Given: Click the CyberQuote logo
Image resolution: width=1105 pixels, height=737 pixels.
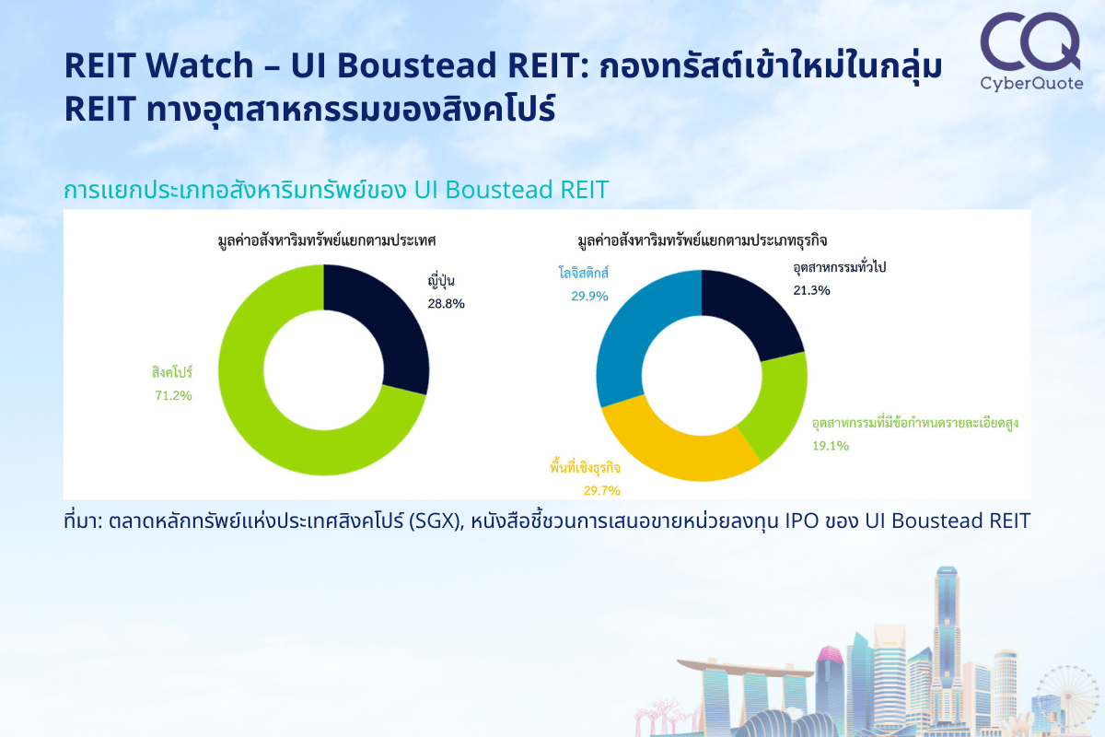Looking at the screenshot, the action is pos(1031,52).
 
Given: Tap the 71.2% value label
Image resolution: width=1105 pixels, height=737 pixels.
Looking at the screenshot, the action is pos(173,395).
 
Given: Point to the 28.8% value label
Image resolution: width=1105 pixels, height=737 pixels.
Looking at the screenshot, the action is pos(446,304).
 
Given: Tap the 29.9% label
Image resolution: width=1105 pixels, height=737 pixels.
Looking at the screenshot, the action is pos(589,297).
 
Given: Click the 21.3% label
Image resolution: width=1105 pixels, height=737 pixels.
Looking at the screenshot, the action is pos(811,290).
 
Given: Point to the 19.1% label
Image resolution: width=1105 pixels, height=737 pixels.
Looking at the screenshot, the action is pos(831,446).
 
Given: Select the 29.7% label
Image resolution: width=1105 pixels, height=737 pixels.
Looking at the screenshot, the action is pos(602,491).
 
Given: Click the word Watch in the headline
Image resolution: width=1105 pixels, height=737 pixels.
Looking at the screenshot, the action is pos(200,64).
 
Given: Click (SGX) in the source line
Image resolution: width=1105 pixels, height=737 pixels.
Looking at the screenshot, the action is pos(436,521).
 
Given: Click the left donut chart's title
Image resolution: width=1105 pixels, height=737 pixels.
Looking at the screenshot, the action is pos(327,240).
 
